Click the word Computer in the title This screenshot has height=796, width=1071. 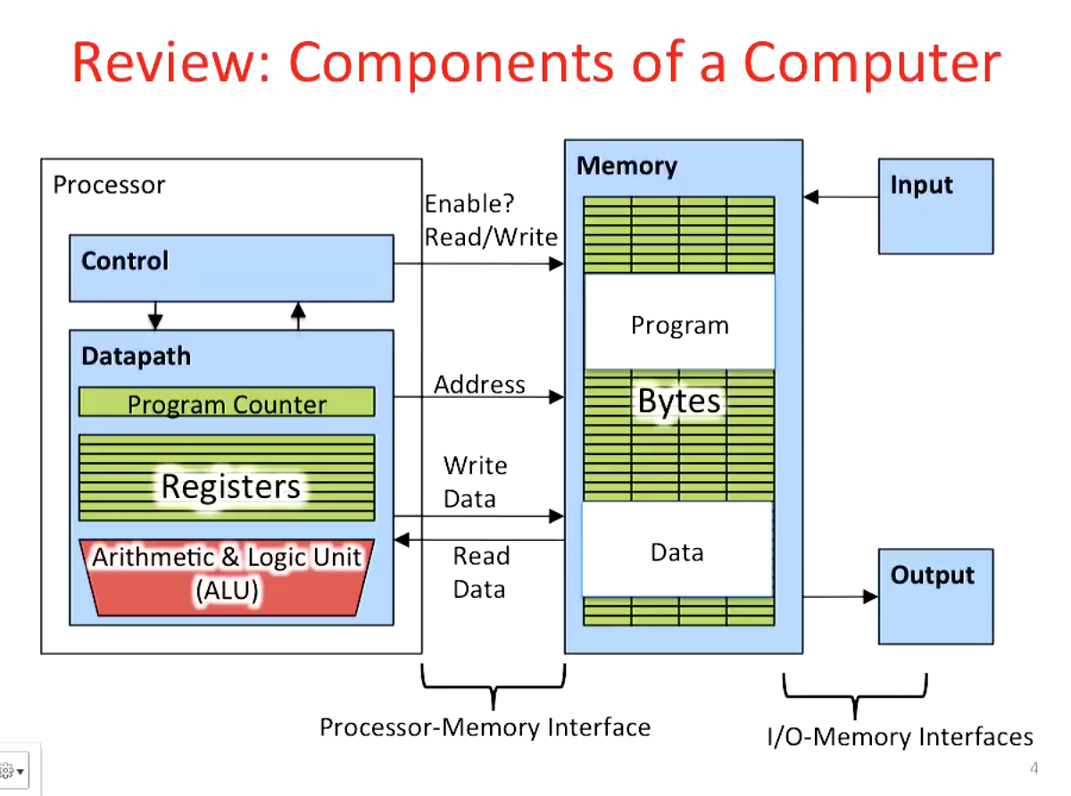[x=872, y=64]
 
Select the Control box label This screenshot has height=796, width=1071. [x=125, y=261]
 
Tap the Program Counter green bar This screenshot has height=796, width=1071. [x=227, y=403]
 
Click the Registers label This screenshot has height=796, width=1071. [x=230, y=486]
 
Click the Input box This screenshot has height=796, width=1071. [x=935, y=206]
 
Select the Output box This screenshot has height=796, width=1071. [x=935, y=596]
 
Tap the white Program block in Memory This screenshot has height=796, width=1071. [x=679, y=325]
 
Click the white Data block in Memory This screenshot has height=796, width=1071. [x=677, y=552]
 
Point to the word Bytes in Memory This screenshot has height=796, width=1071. [x=679, y=402]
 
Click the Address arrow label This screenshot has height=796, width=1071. [x=479, y=385]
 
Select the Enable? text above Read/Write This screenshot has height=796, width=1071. [x=469, y=204]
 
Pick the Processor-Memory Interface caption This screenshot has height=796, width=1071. [x=485, y=727]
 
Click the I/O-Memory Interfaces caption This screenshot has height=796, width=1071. [x=900, y=737]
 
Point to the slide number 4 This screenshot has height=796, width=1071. [x=1034, y=768]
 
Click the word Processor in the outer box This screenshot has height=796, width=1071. [x=109, y=185]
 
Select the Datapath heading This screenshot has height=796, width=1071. [x=136, y=356]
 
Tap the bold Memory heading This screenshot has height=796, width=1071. [x=627, y=166]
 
